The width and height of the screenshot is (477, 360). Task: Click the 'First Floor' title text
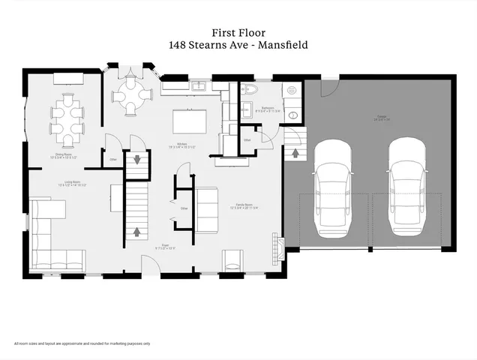click(x=238, y=33)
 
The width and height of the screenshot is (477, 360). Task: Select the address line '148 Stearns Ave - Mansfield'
click(x=238, y=45)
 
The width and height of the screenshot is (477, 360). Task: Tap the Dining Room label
click(x=64, y=157)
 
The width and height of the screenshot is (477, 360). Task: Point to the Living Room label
click(x=73, y=183)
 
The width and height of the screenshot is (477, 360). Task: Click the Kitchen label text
click(x=181, y=145)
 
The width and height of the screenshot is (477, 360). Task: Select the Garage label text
click(x=382, y=118)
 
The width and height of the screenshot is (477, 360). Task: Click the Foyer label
click(x=164, y=246)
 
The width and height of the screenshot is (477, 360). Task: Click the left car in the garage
click(x=332, y=188)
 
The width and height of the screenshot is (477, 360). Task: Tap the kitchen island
click(x=189, y=121)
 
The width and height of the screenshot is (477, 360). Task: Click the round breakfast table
click(x=133, y=95)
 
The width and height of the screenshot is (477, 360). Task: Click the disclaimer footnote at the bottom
click(x=82, y=343)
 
